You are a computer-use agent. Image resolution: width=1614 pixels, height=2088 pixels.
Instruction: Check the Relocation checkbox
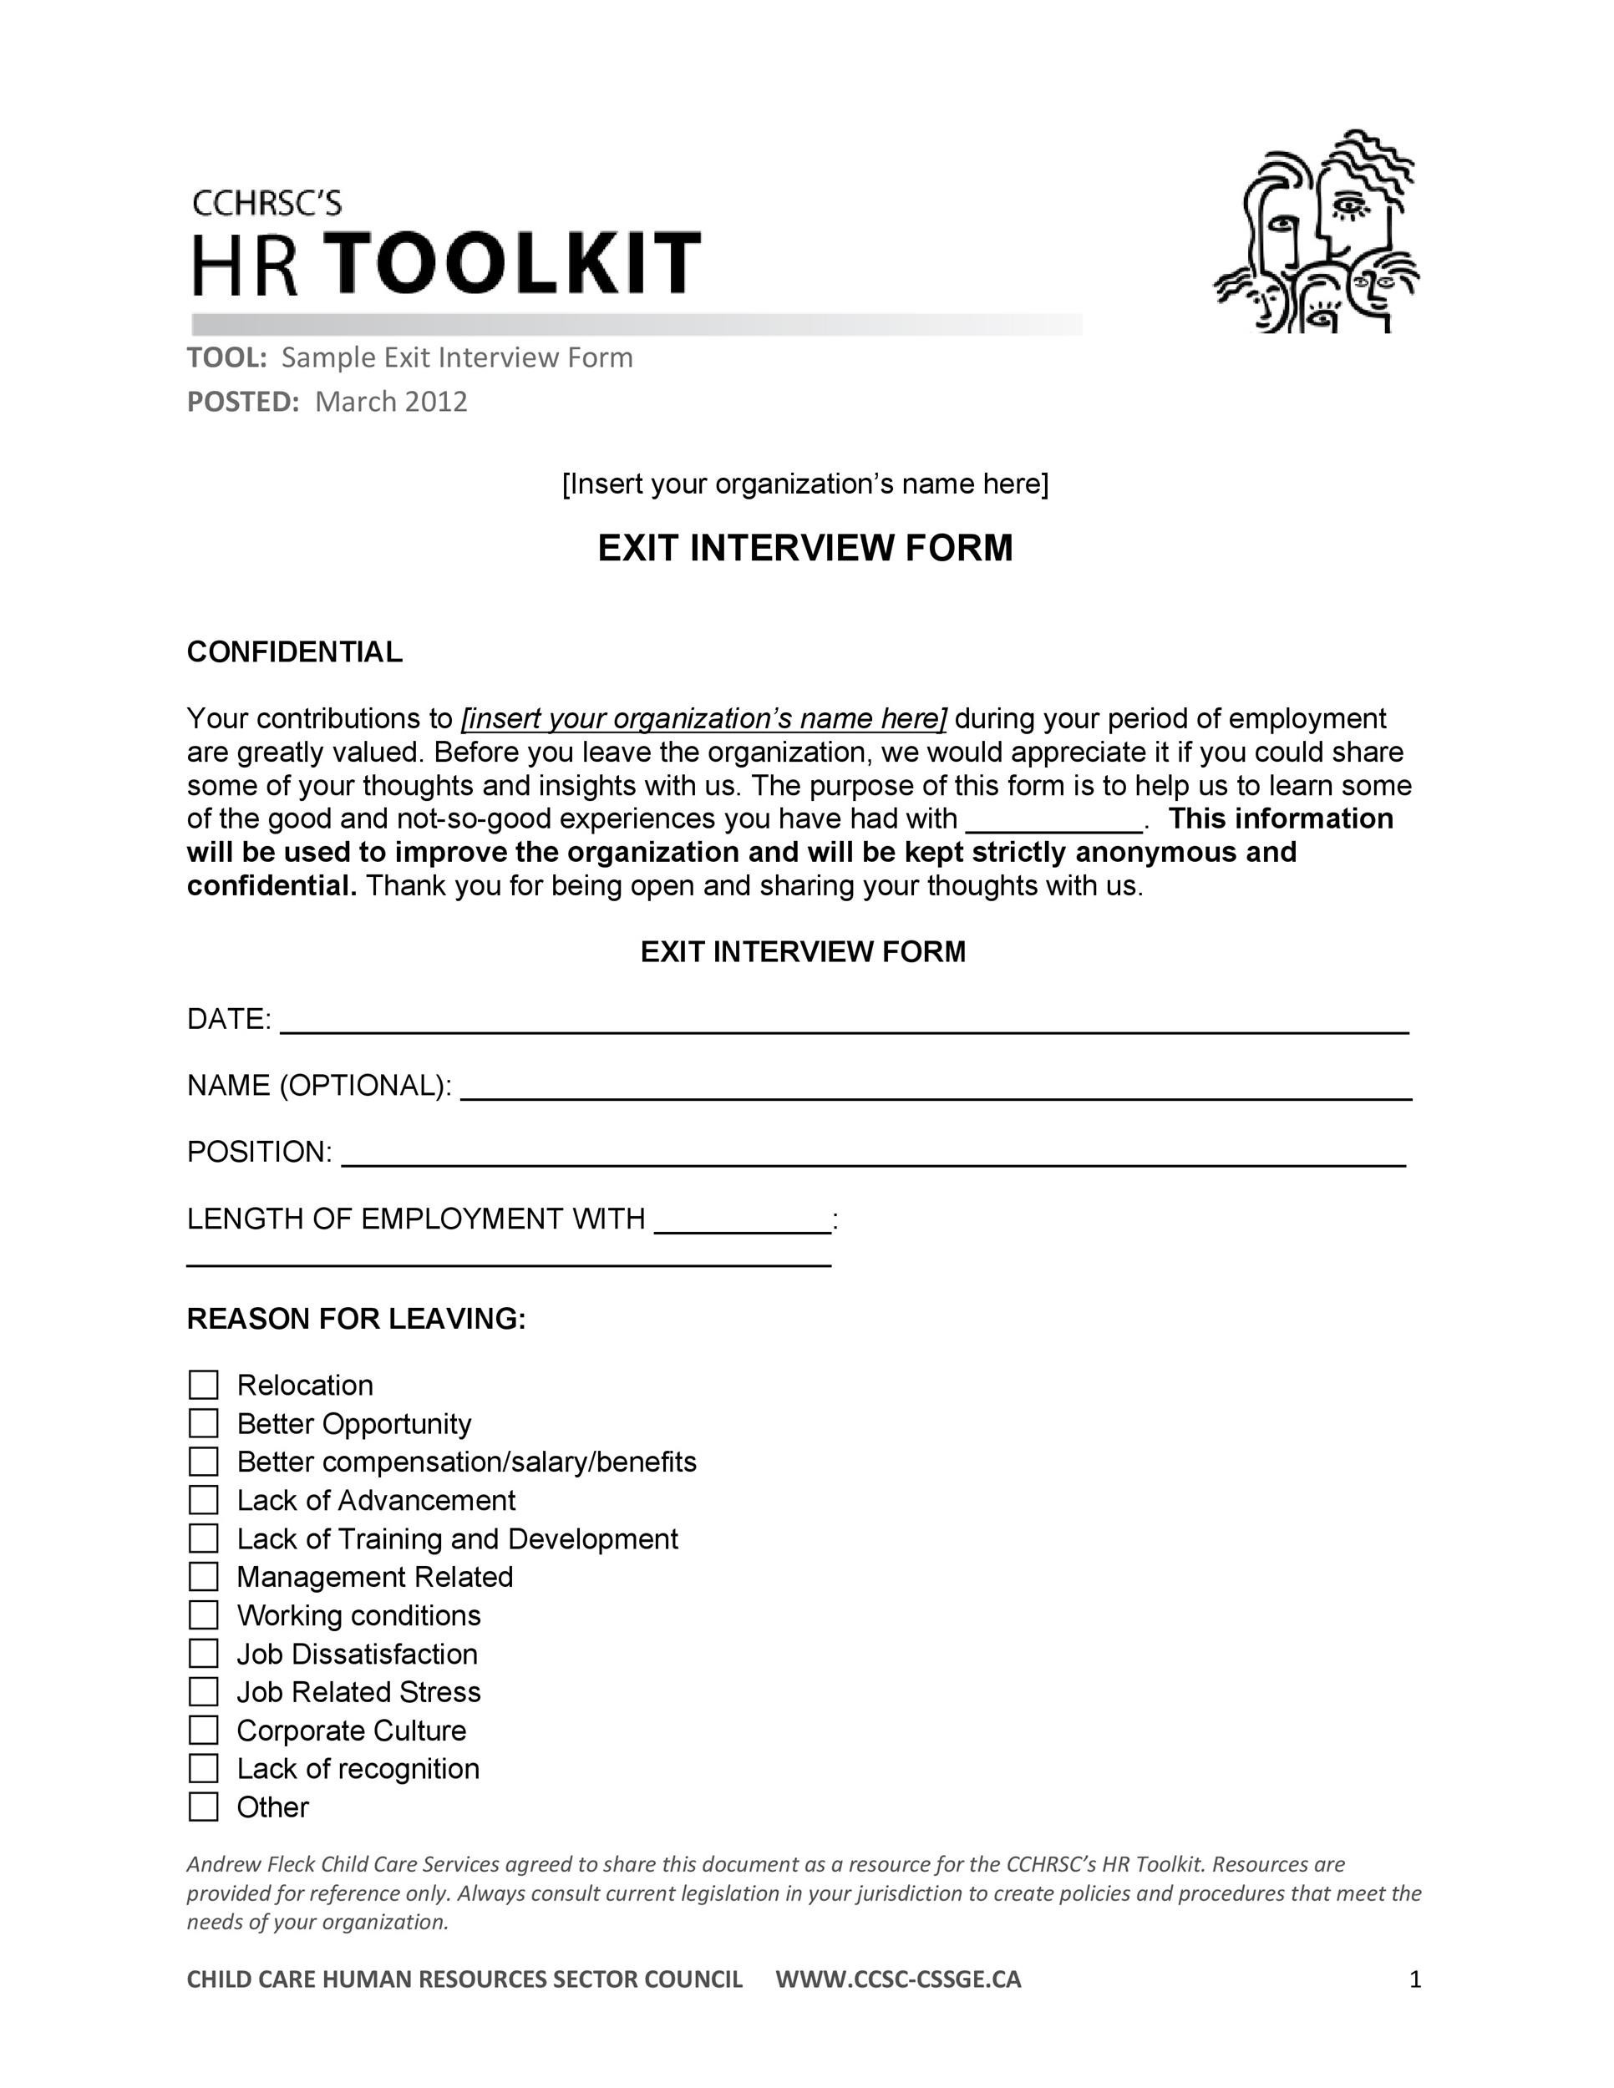coord(204,1385)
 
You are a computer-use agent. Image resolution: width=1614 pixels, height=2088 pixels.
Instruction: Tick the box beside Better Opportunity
coord(204,1422)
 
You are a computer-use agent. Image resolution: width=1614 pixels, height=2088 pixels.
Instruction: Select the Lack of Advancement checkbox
coord(204,1499)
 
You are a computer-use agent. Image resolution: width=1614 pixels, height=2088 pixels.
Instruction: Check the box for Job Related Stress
coord(204,1691)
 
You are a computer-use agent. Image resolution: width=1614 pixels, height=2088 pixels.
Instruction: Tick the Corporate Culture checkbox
coord(204,1730)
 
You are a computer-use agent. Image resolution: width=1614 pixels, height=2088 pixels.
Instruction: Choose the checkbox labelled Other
coord(204,1806)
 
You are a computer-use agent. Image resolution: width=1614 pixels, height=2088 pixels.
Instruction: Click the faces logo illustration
coord(1317,231)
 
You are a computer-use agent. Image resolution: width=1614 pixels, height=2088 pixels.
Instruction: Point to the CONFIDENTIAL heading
coord(295,652)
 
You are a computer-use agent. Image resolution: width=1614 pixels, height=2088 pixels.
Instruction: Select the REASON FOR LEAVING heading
coord(356,1319)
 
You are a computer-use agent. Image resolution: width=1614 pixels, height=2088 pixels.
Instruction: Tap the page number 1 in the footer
coord(1415,1979)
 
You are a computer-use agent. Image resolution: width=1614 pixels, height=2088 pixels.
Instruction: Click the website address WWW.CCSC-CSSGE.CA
coord(898,1979)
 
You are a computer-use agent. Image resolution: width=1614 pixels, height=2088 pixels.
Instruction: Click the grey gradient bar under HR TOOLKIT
coord(636,324)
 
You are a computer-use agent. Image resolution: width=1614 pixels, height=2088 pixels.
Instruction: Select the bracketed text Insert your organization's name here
coord(805,484)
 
